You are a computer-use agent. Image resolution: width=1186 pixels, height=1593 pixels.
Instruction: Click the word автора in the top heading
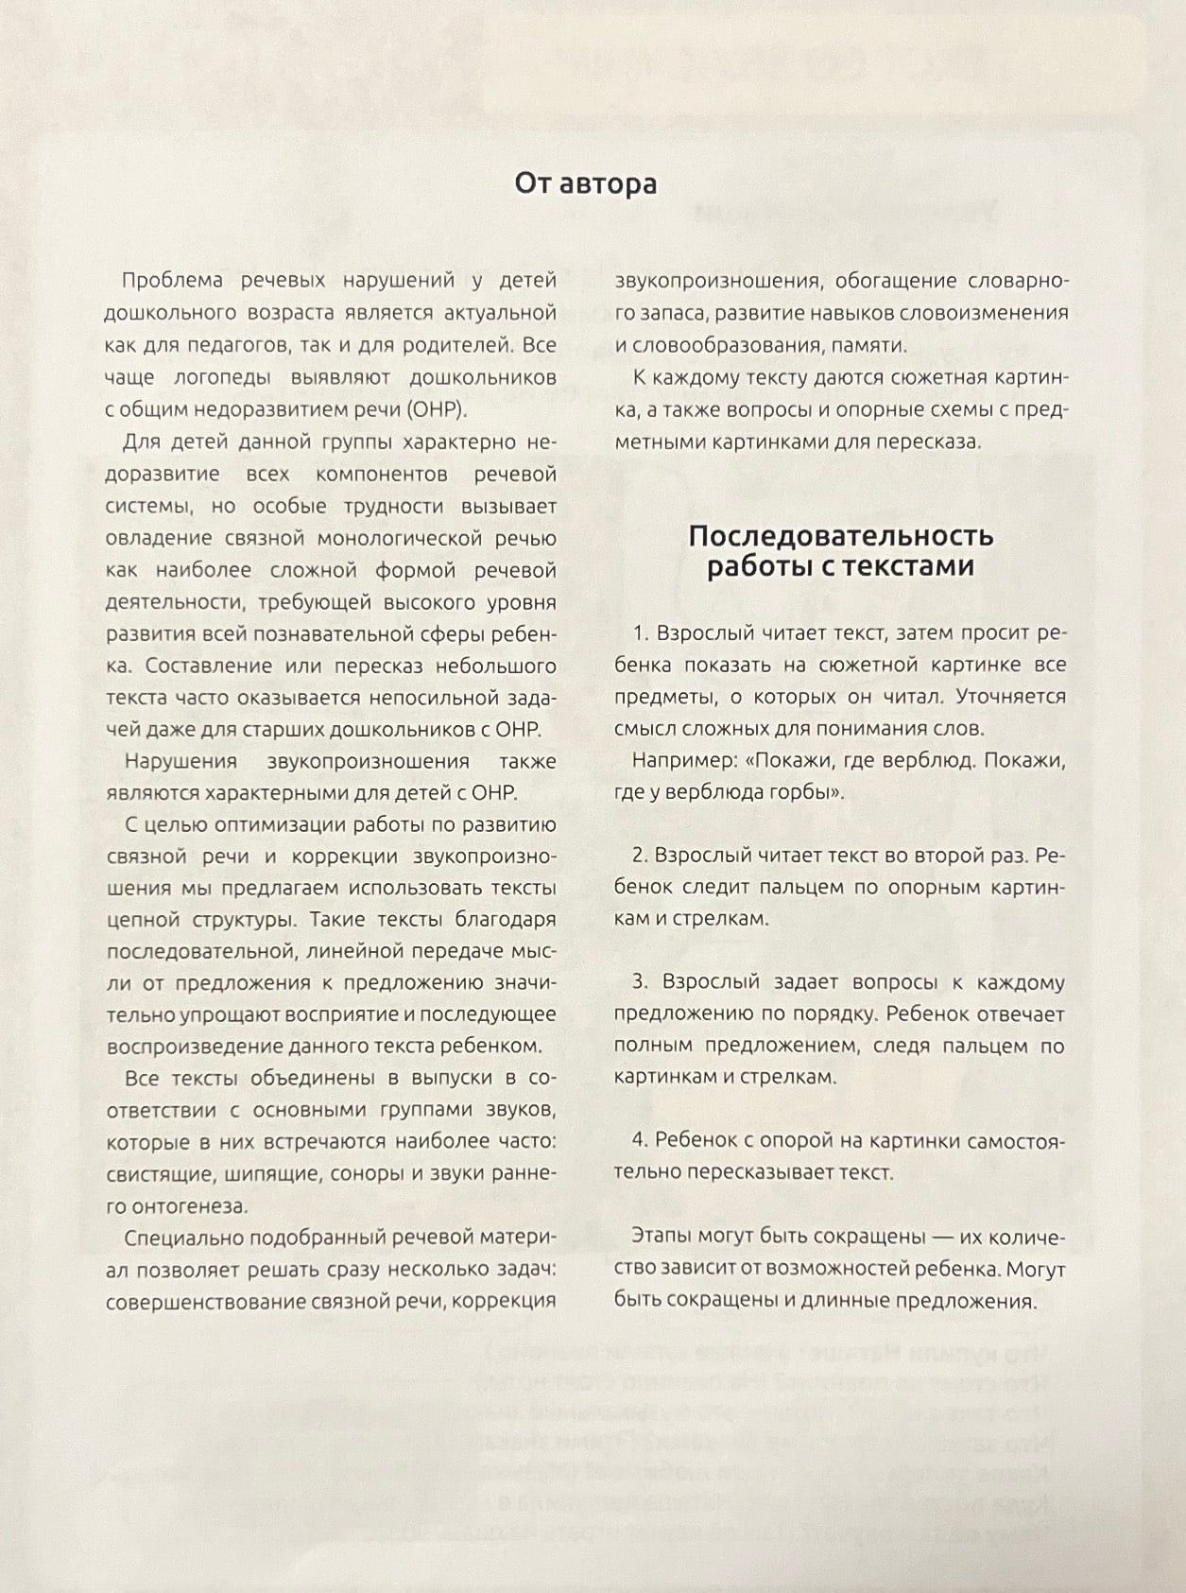point(609,182)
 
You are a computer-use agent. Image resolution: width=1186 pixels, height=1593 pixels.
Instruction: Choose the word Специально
point(181,1238)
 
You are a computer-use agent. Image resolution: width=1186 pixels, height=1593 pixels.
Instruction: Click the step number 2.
point(639,856)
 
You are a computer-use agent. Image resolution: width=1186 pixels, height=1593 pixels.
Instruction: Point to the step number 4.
point(639,1141)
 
